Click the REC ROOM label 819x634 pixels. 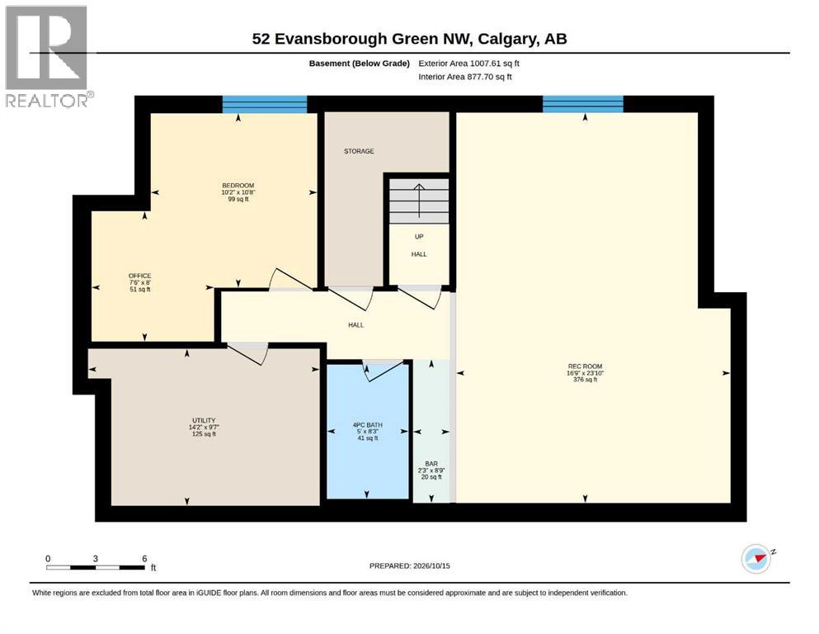[x=585, y=367]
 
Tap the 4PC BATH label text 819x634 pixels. [x=368, y=425]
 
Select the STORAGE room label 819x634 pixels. [x=359, y=151]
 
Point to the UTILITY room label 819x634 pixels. [x=204, y=420]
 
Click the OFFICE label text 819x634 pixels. [x=140, y=276]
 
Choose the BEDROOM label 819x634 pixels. [x=238, y=186]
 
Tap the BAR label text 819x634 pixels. [x=431, y=464]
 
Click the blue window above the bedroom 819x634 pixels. [x=265, y=104]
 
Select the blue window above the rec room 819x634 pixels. [x=583, y=104]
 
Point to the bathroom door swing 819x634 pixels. [x=384, y=370]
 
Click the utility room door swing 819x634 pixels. [x=248, y=353]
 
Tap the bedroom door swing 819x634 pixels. [x=293, y=281]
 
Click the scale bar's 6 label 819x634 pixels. [x=144, y=558]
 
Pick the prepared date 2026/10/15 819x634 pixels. [x=431, y=565]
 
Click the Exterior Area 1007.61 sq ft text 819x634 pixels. [x=468, y=64]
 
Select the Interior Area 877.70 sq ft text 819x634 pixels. [x=465, y=77]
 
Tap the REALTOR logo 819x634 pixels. [x=48, y=56]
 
